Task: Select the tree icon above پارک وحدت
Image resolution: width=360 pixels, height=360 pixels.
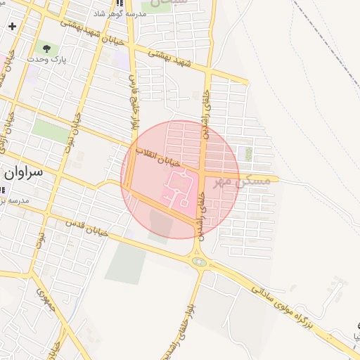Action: click(46, 49)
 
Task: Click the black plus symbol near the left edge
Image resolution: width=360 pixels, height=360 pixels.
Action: click(12, 26)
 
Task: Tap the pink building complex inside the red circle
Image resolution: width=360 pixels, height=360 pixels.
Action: click(177, 188)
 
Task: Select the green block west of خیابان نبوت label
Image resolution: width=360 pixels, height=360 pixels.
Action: click(51, 130)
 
